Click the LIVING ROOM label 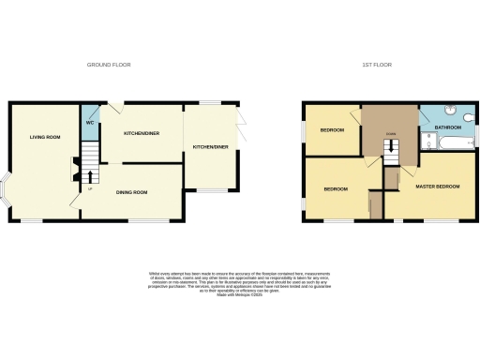[44, 138]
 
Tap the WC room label [90, 122]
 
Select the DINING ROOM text [131, 192]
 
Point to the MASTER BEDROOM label [438, 187]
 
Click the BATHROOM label [448, 127]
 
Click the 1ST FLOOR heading [377, 65]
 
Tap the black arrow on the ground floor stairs [90, 175]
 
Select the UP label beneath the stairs [89, 189]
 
